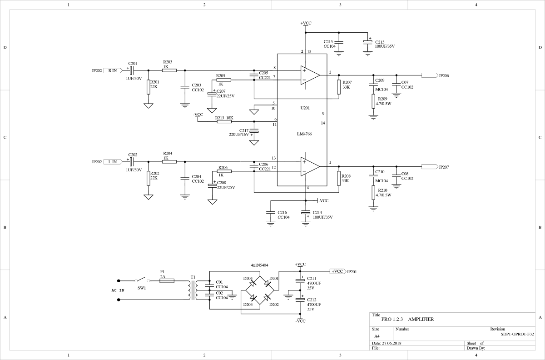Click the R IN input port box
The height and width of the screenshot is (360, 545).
pos(113,70)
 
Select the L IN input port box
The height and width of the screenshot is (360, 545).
pos(113,162)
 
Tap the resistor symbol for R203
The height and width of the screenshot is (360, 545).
pos(169,70)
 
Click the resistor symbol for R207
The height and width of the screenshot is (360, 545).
pos(339,87)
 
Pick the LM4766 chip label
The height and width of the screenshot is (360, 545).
pos(304,134)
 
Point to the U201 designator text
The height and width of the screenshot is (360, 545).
pos(305,108)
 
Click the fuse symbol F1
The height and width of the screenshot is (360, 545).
pos(167,281)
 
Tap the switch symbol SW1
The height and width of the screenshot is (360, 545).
pos(142,280)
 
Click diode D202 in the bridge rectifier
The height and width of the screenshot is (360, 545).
pos(267,297)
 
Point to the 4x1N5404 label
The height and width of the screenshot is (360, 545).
pos(259,265)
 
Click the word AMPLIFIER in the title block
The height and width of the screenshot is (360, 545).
pos(421,320)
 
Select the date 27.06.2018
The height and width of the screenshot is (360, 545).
pos(391,344)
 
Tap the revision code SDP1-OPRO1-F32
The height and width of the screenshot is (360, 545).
pos(517,334)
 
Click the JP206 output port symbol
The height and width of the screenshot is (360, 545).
pos(430,75)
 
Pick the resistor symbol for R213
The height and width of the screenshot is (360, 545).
pos(224,121)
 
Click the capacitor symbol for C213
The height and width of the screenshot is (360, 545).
pos(367,42)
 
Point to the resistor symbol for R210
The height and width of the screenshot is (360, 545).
pos(373,193)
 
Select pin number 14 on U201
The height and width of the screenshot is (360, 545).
pos(323,123)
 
